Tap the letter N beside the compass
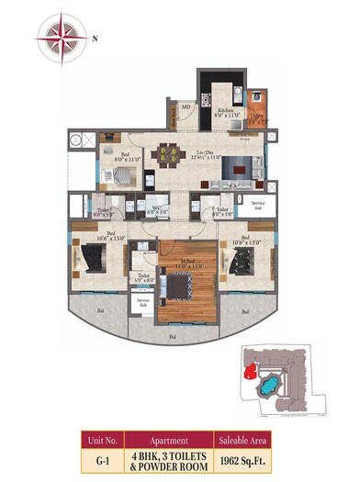(x=96, y=38)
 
